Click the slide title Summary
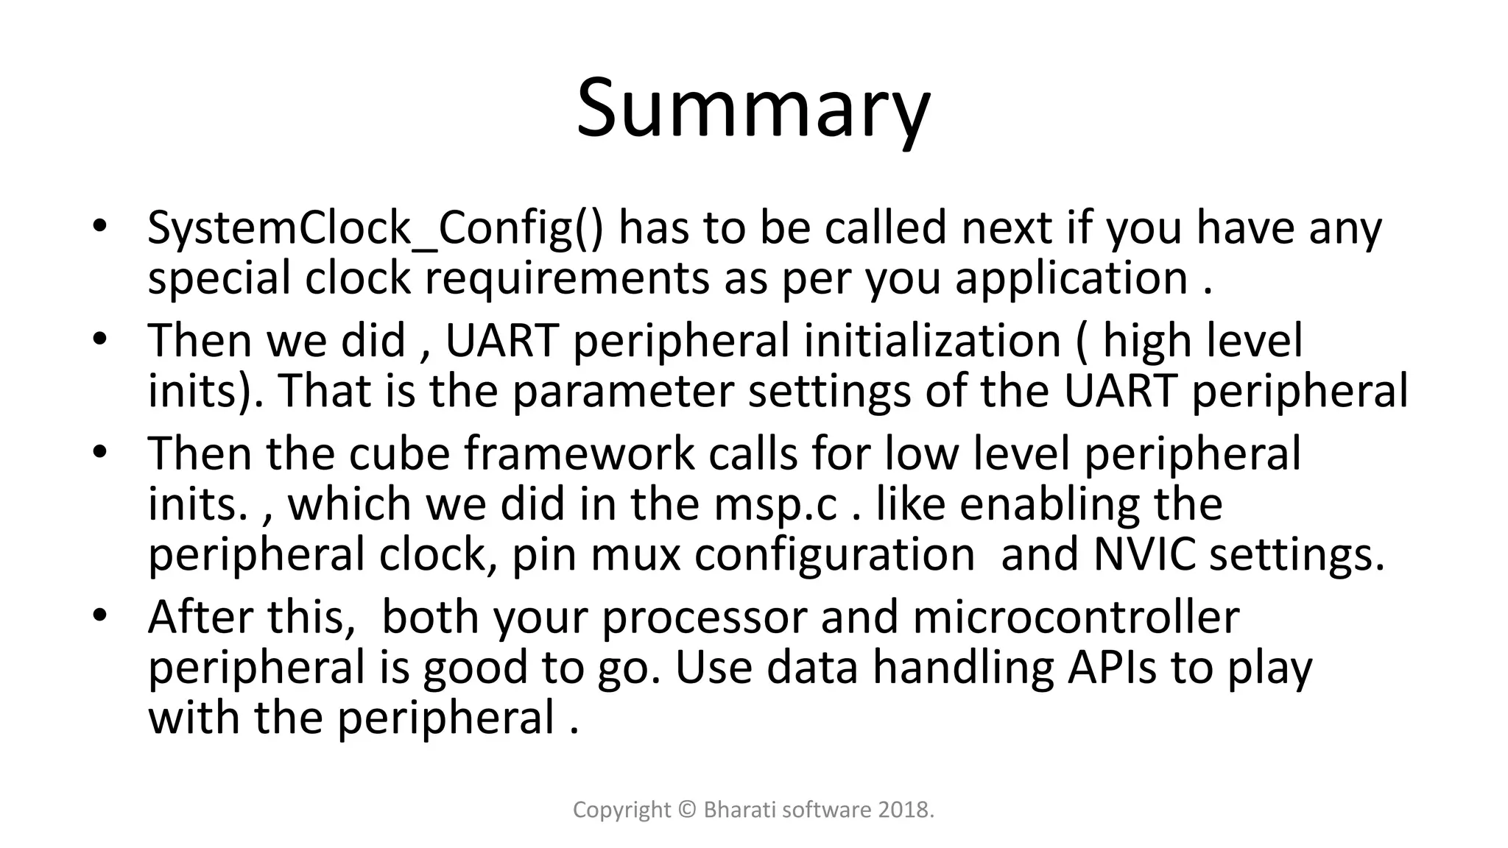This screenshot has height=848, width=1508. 753,109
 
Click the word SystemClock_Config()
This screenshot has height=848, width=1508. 374,228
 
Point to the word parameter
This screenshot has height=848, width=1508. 623,392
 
